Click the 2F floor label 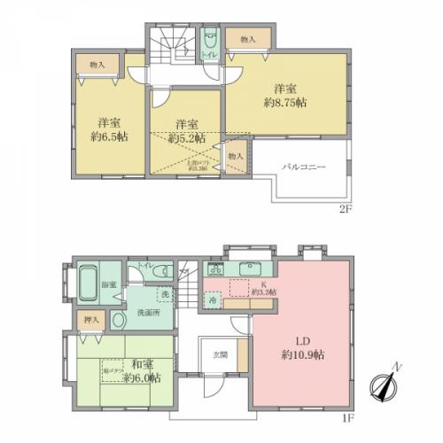344,210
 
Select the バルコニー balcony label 304,166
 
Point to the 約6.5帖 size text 110,137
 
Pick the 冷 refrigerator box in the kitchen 214,299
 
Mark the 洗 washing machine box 165,293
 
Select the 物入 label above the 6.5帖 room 97,66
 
